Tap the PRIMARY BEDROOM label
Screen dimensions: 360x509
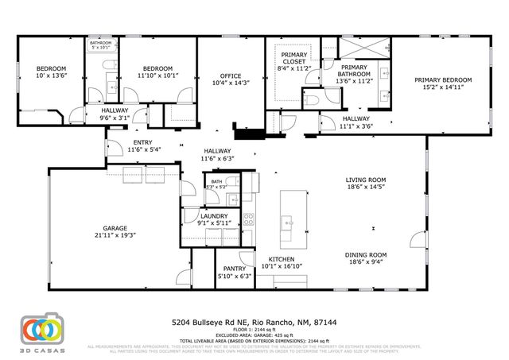[x=441, y=79]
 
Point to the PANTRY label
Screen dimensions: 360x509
[x=234, y=269]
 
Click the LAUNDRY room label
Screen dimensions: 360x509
[x=214, y=215]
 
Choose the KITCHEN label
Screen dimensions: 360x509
[x=282, y=259]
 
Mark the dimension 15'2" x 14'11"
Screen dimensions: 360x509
[x=441, y=87]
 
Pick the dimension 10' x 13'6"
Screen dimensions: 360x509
[x=52, y=76]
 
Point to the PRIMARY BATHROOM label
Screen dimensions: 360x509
[x=355, y=72]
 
